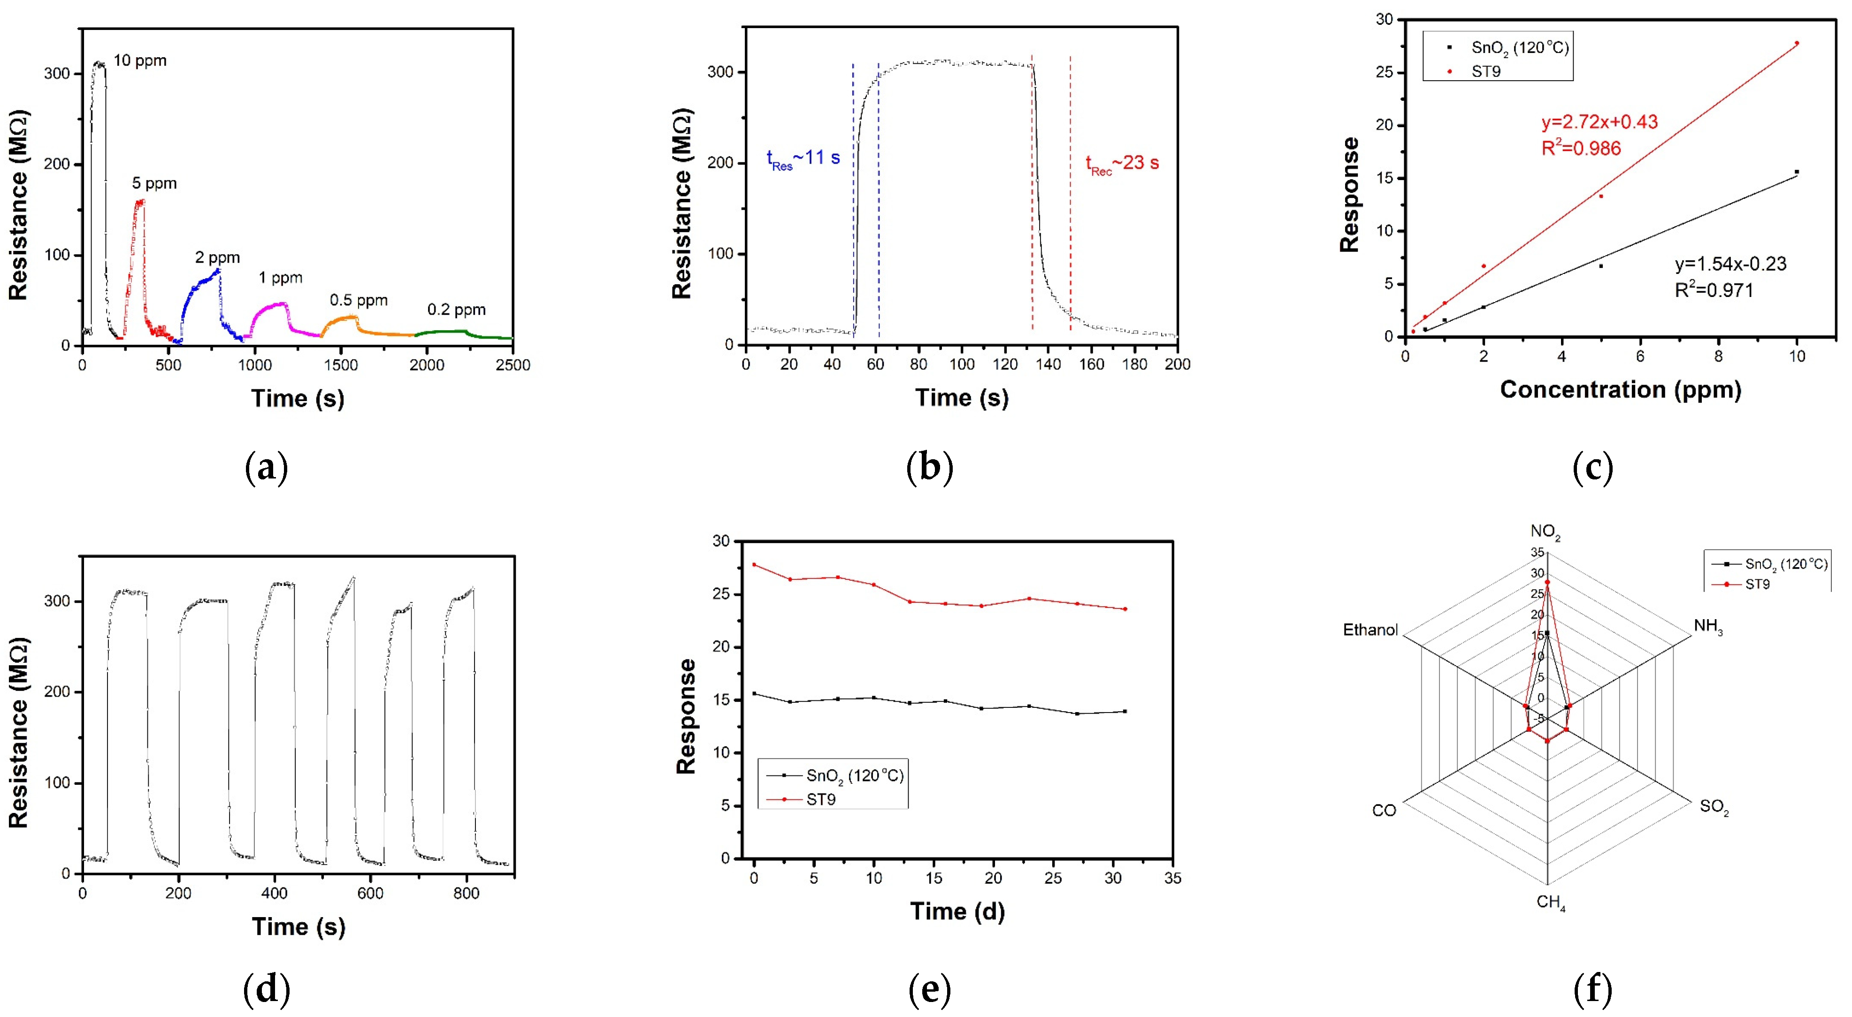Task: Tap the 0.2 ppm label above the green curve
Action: (x=457, y=310)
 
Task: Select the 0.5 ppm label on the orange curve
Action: (x=358, y=300)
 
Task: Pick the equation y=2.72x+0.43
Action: (x=1599, y=122)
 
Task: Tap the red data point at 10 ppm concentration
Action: (x=1797, y=43)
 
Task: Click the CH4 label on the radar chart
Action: (x=1550, y=903)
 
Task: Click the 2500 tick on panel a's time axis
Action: (x=513, y=365)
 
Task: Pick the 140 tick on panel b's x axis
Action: (x=1048, y=364)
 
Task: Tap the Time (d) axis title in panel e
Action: (x=957, y=911)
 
